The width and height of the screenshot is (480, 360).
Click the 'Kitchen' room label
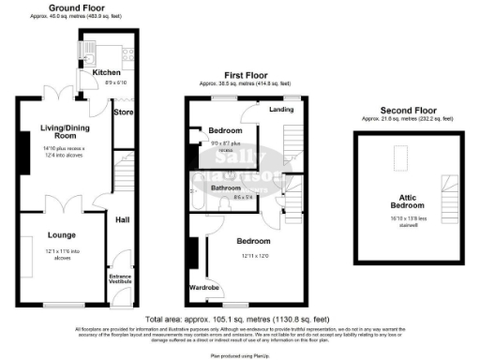point(105,72)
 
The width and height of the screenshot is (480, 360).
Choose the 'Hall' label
point(123,220)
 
